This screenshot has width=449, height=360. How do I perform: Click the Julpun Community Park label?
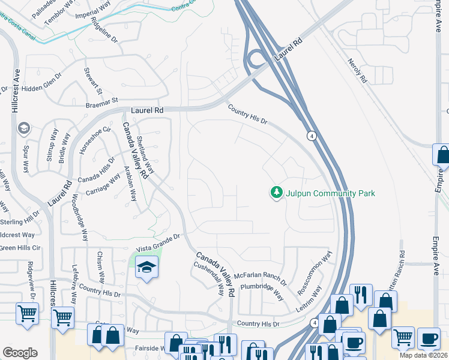click(x=331, y=193)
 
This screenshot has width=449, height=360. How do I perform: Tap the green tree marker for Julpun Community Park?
click(x=277, y=193)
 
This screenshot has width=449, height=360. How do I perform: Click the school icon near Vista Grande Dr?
click(x=145, y=268)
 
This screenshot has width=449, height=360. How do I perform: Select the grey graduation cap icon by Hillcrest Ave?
click(x=23, y=128)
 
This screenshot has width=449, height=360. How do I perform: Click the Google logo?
click(x=20, y=353)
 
